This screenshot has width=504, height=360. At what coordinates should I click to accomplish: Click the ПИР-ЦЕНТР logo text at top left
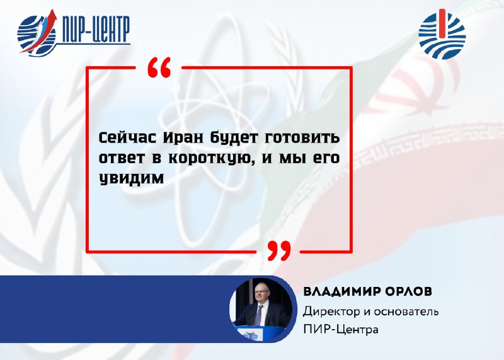point(96,30)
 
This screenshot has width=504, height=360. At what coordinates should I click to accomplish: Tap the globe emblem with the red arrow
point(37,33)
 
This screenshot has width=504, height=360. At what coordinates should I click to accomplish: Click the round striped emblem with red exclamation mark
point(442,35)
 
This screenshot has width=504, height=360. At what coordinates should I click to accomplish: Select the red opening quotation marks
point(159,67)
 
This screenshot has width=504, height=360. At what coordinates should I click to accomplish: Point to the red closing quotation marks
point(279,250)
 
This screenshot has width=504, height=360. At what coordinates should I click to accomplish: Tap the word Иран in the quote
point(183,137)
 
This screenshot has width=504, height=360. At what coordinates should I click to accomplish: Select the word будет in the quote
point(234,138)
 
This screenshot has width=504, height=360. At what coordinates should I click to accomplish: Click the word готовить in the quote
point(302,137)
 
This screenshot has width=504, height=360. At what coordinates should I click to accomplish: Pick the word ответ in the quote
point(122,158)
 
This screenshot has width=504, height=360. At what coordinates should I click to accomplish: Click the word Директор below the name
point(331,311)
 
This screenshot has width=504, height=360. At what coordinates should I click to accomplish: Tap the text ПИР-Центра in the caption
point(341,330)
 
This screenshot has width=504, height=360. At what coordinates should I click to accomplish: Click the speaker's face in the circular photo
point(261,294)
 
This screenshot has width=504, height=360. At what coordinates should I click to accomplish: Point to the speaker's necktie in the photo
point(258,315)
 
